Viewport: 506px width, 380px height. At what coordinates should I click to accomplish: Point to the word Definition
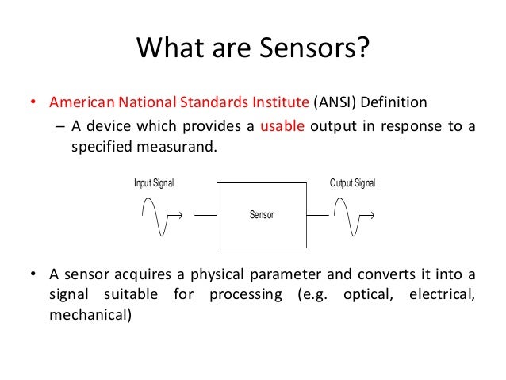click(x=398, y=103)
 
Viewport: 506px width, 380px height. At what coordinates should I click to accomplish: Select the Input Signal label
click(x=153, y=183)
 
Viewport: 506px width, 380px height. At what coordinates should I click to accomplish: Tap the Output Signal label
click(x=352, y=183)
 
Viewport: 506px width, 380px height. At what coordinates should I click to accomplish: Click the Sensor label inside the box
click(x=262, y=215)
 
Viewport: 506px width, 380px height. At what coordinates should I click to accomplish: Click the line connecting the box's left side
click(x=205, y=215)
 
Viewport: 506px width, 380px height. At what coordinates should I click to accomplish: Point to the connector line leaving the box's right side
click(x=318, y=215)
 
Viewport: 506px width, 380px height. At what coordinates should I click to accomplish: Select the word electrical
click(x=440, y=295)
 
